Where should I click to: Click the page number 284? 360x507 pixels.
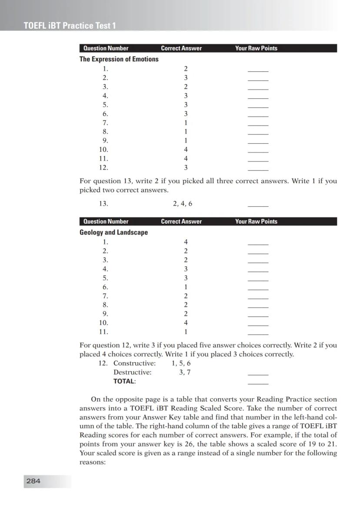(x=33, y=481)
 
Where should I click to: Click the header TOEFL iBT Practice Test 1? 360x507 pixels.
(x=70, y=26)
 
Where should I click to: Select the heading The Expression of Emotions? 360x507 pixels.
(x=119, y=59)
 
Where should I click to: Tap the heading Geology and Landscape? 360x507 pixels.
(x=113, y=232)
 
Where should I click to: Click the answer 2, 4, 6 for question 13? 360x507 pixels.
(x=182, y=203)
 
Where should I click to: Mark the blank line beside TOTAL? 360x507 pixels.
(x=258, y=383)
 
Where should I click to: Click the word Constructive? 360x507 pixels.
(x=134, y=363)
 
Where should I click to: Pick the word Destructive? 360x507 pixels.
(x=132, y=372)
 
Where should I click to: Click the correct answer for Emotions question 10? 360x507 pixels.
(x=186, y=150)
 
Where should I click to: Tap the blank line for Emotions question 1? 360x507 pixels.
(x=258, y=71)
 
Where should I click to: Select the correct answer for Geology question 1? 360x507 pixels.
(x=186, y=242)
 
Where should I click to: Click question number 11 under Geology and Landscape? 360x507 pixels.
(x=103, y=332)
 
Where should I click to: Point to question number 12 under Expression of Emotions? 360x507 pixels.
(x=103, y=168)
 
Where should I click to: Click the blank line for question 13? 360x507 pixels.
(x=258, y=205)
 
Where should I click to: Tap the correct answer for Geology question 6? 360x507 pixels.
(x=186, y=287)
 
